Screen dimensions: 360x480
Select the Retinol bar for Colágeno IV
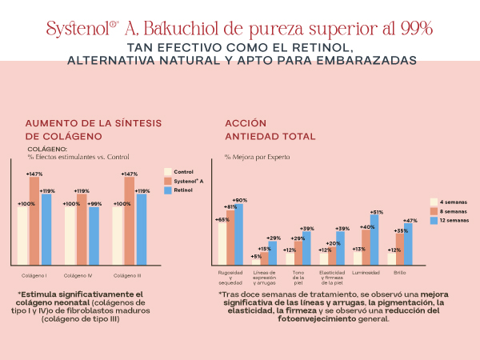(94, 236)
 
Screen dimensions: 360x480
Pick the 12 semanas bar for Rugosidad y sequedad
(238, 234)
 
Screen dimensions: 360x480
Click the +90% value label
(238, 200)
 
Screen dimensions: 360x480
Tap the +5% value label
(256, 257)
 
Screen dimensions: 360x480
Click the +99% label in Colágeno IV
(94, 204)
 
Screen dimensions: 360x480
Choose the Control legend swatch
(167, 171)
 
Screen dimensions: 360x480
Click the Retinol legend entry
(184, 190)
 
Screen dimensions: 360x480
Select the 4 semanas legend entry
(452, 202)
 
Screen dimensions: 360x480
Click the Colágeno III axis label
(129, 275)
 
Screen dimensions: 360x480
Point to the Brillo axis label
(399, 273)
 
